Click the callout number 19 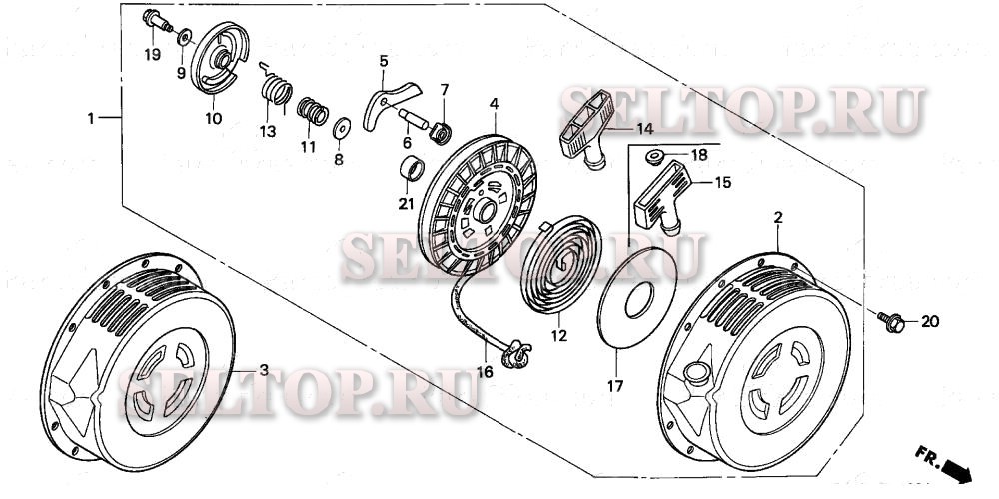pyautogui.click(x=152, y=54)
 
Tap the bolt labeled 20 pyautogui.click(x=892, y=320)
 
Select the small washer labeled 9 pyautogui.click(x=186, y=38)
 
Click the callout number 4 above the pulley pyautogui.click(x=494, y=104)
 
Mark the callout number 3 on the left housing pyautogui.click(x=264, y=370)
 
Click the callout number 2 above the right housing pyautogui.click(x=777, y=216)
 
